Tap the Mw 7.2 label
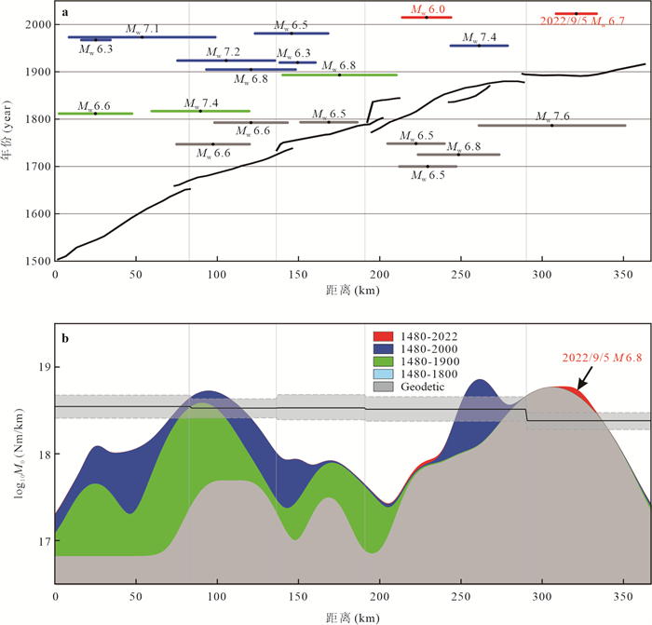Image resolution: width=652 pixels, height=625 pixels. click(x=224, y=52)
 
